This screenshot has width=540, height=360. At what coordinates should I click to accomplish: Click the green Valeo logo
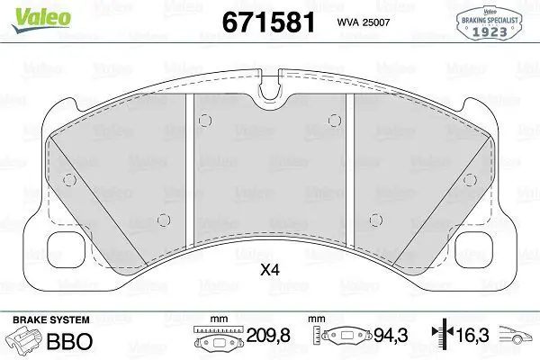[41, 20]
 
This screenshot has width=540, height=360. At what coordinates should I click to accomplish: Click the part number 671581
[268, 22]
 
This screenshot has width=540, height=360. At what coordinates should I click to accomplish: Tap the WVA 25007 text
[364, 22]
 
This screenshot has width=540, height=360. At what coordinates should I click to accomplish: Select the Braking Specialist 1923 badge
[489, 23]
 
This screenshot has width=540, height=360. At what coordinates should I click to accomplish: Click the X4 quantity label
[270, 270]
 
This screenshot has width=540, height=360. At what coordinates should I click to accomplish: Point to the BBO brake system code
[69, 341]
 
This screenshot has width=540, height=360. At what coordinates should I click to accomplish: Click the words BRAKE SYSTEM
[51, 319]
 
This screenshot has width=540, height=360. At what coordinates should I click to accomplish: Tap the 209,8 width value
[268, 335]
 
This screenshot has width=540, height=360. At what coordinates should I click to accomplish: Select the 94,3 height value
[391, 335]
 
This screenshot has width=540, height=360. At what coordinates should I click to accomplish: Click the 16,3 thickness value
[472, 335]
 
